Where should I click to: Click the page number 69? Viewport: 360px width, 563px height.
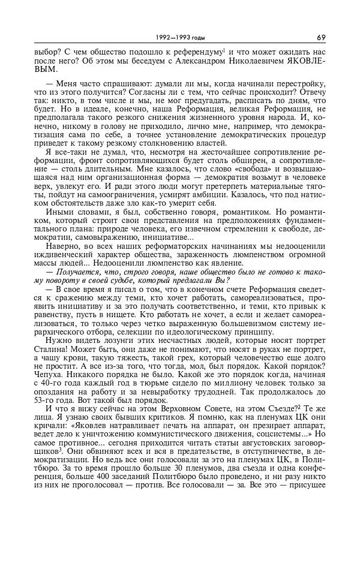click(321, 37)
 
